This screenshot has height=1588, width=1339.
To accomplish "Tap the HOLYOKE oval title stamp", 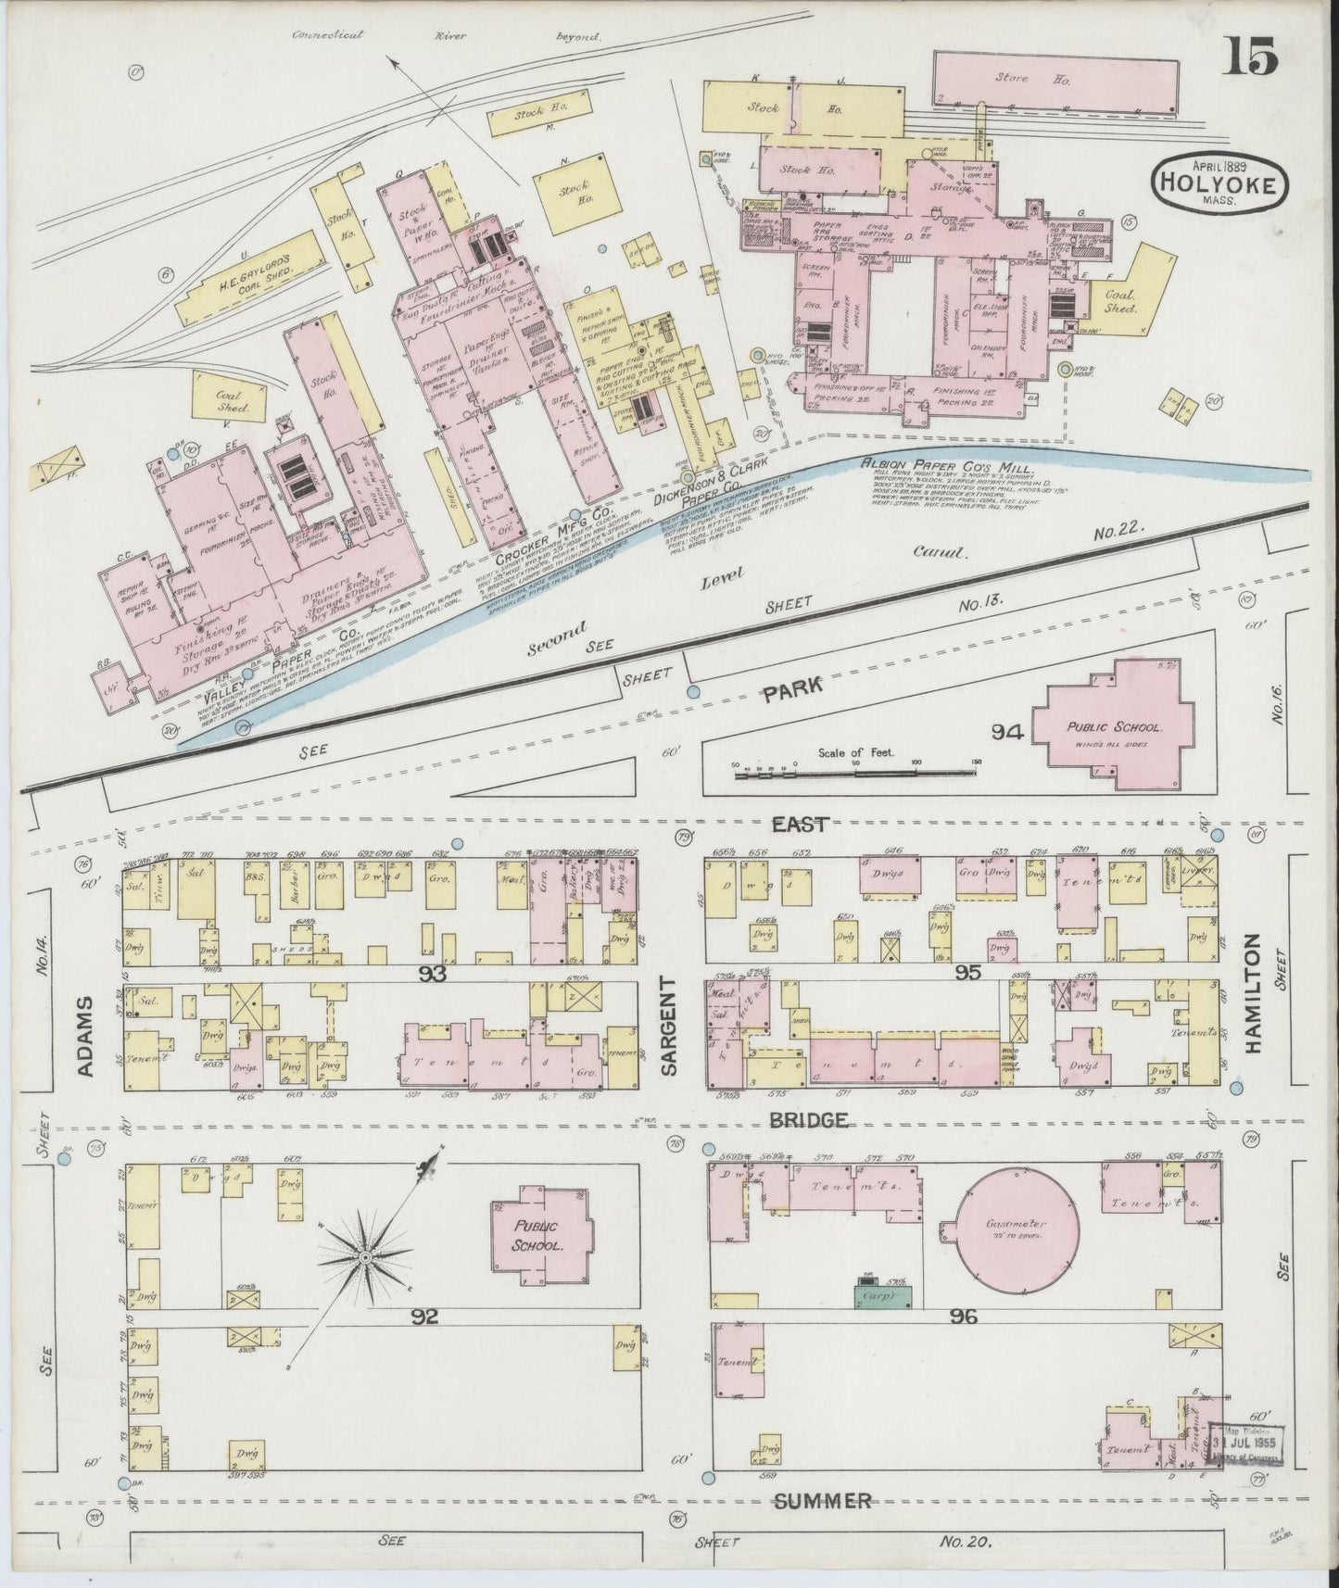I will pos(1219,183).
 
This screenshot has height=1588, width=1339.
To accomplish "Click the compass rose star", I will pos(365,1256).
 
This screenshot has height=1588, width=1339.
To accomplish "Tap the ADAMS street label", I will pos(85,1037).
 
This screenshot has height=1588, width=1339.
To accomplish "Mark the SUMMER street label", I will pos(823,1500).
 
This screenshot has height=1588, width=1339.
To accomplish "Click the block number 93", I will pos(433,973).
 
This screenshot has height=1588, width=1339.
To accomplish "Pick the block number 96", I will pos(963,1315).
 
